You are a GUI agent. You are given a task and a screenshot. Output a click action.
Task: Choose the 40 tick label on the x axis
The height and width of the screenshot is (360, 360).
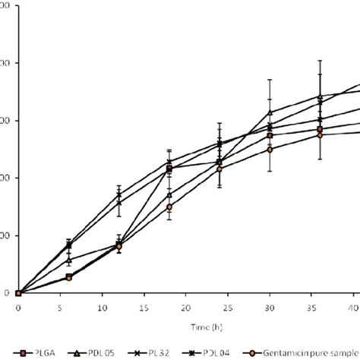point(353,309)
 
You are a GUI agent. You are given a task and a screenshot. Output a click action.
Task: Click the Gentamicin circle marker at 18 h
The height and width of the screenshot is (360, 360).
point(169,207)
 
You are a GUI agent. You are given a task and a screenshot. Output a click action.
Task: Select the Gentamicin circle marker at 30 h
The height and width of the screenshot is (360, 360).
point(270,149)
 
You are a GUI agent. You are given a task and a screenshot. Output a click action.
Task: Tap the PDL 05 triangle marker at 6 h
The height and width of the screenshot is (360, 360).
point(69,260)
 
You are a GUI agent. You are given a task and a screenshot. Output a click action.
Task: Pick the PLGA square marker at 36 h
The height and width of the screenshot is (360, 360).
point(320,129)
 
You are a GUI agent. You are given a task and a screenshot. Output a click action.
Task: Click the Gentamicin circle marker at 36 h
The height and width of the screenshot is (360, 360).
point(320,134)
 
